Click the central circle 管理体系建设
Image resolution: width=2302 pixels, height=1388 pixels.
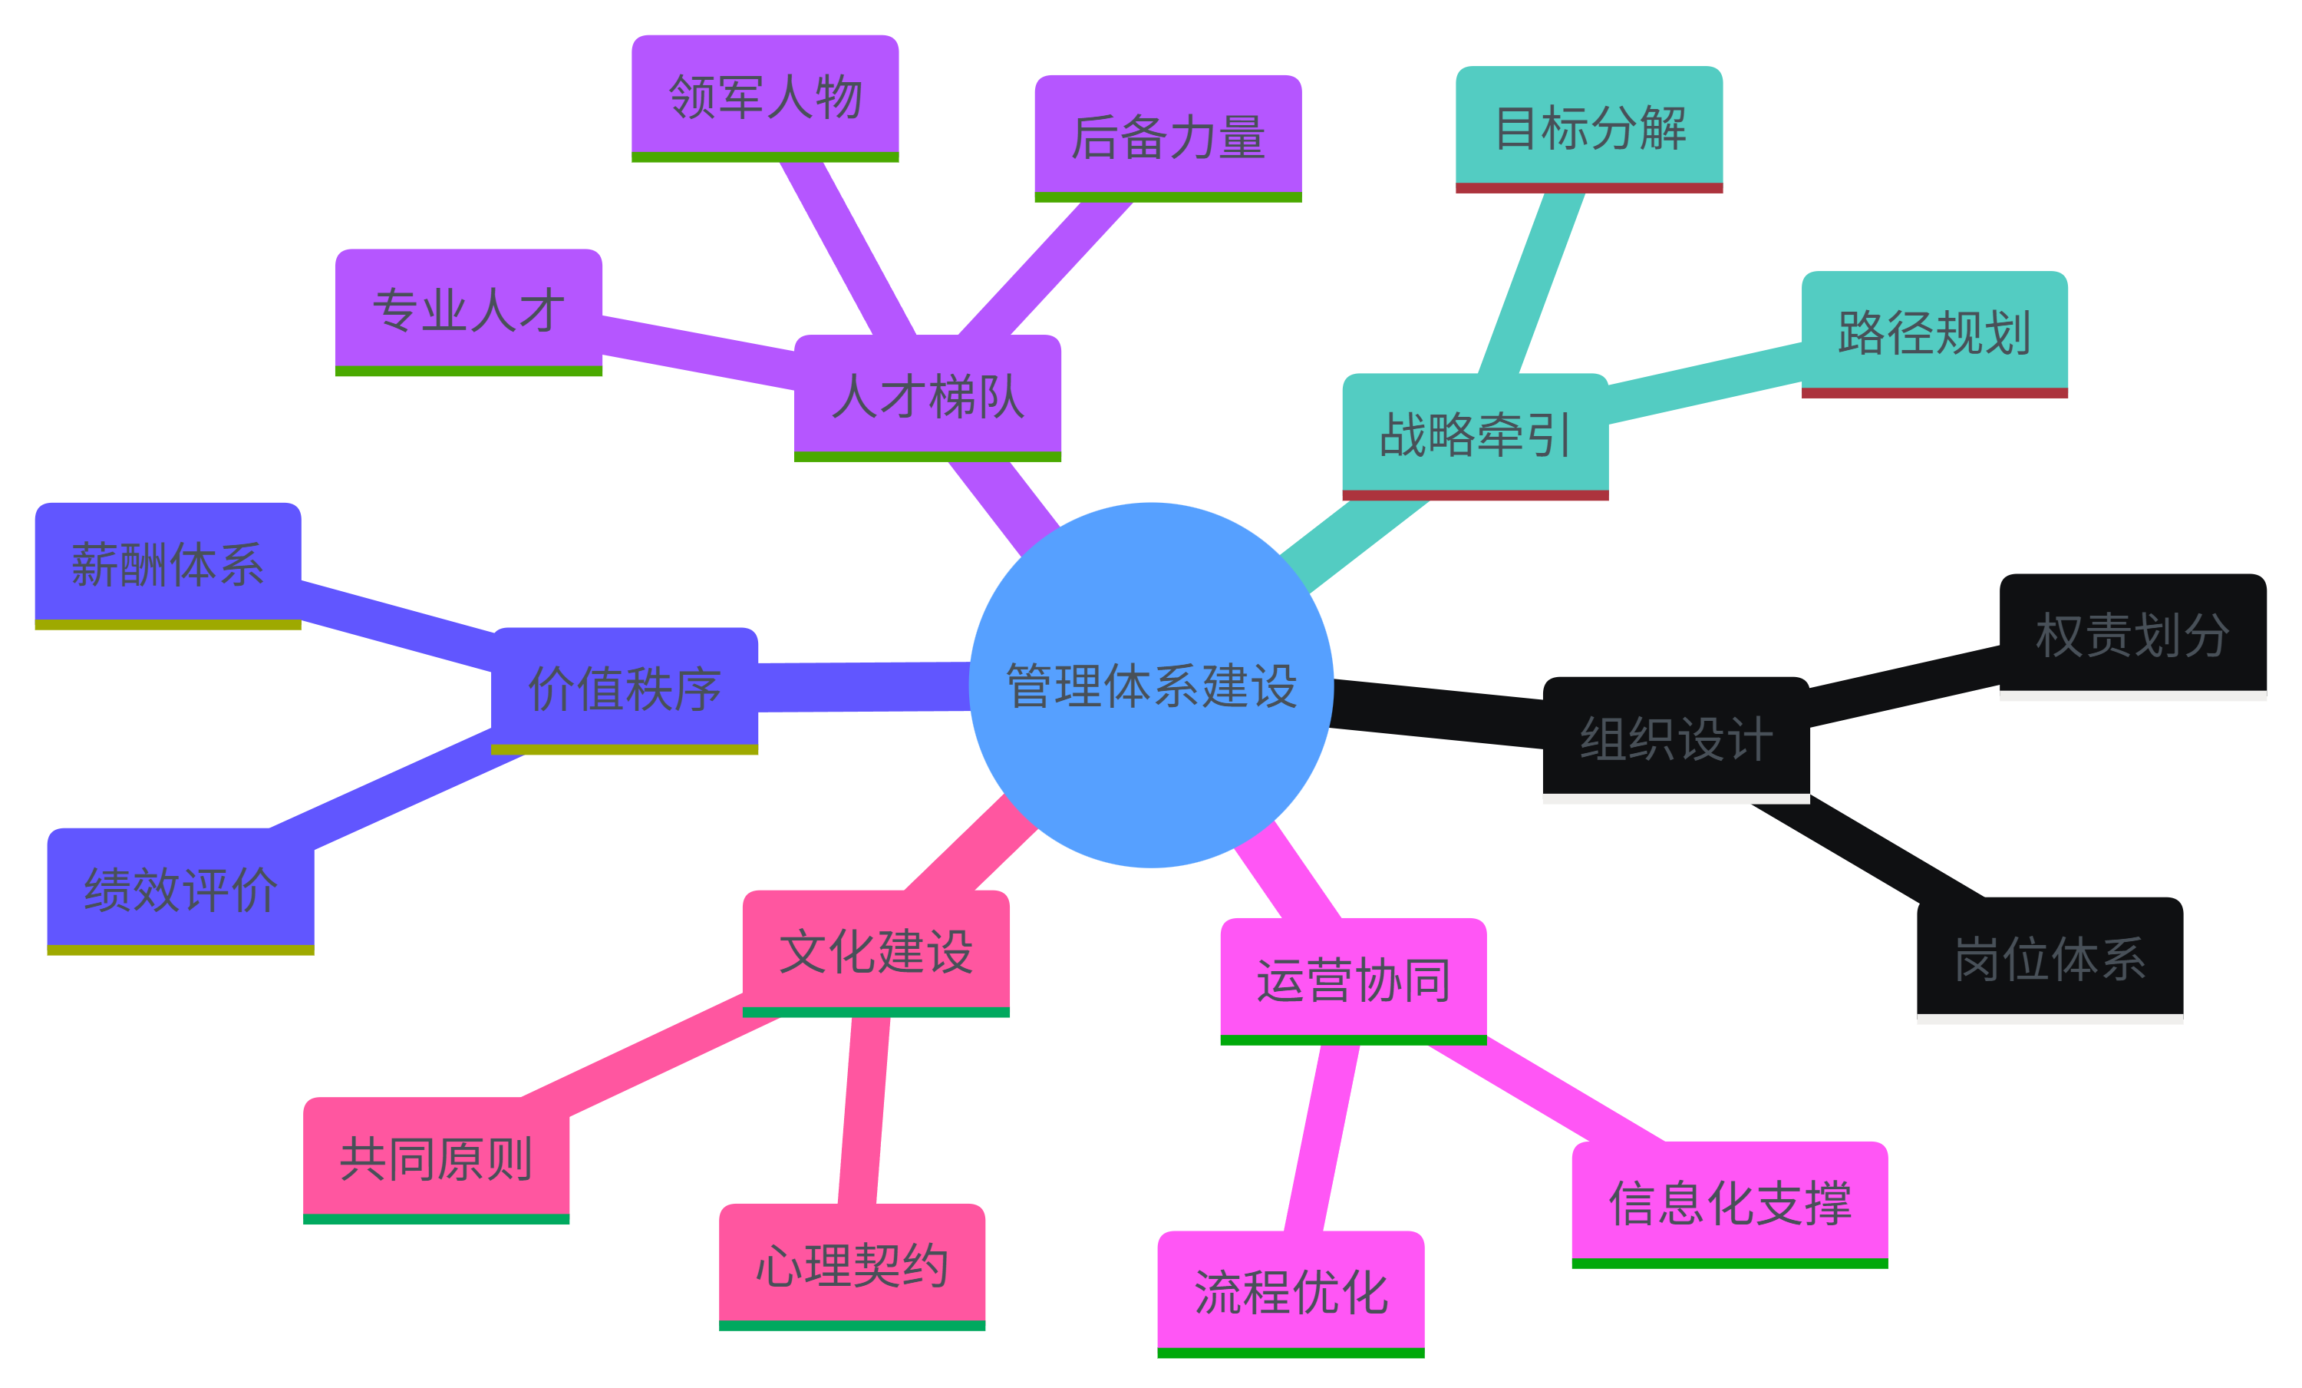click(1151, 685)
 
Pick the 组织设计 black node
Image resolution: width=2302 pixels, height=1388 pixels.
click(1676, 738)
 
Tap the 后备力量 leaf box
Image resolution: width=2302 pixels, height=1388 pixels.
click(1168, 137)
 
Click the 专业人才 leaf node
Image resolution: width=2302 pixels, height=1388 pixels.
click(468, 309)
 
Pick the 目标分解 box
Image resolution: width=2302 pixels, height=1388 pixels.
click(1589, 127)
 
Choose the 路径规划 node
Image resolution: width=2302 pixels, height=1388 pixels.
click(1934, 332)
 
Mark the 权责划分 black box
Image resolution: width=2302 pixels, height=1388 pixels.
click(2133, 635)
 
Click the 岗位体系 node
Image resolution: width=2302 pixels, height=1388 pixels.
click(2050, 958)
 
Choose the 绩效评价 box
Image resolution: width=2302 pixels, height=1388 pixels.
click(180, 889)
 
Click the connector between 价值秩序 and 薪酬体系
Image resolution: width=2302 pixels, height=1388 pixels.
click(397, 626)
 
